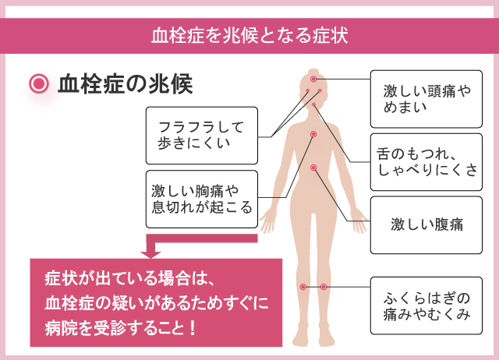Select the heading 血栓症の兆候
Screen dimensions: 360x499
[x=125, y=83]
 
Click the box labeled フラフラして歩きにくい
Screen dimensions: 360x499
[x=201, y=135]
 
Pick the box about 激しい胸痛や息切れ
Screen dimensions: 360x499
[x=201, y=198]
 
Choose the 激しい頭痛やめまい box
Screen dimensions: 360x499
[x=426, y=98]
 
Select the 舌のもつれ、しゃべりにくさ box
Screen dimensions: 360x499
[x=426, y=161]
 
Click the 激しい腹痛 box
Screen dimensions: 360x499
[x=426, y=225]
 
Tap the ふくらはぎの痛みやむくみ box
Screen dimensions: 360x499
[x=426, y=306]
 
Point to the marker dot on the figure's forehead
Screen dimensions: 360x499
[x=313, y=79]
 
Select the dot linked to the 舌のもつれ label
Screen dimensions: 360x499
[x=313, y=104]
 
